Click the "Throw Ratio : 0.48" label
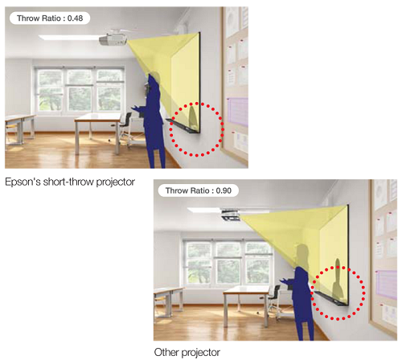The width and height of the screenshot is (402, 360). point(50,18)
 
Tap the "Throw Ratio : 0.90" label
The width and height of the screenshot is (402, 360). point(199,190)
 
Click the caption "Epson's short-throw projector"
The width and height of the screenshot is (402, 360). point(70,182)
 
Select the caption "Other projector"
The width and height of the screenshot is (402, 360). point(187,352)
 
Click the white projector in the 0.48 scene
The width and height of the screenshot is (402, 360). point(113,39)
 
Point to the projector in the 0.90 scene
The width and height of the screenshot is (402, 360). point(231,215)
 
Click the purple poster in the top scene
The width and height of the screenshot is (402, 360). point(238,112)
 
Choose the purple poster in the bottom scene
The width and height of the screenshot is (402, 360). point(387,284)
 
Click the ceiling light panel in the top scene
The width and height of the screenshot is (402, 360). point(70,38)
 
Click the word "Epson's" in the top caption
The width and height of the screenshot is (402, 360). point(23,182)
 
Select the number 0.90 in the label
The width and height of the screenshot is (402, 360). point(224,190)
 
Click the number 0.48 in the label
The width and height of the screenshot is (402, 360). point(75,18)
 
